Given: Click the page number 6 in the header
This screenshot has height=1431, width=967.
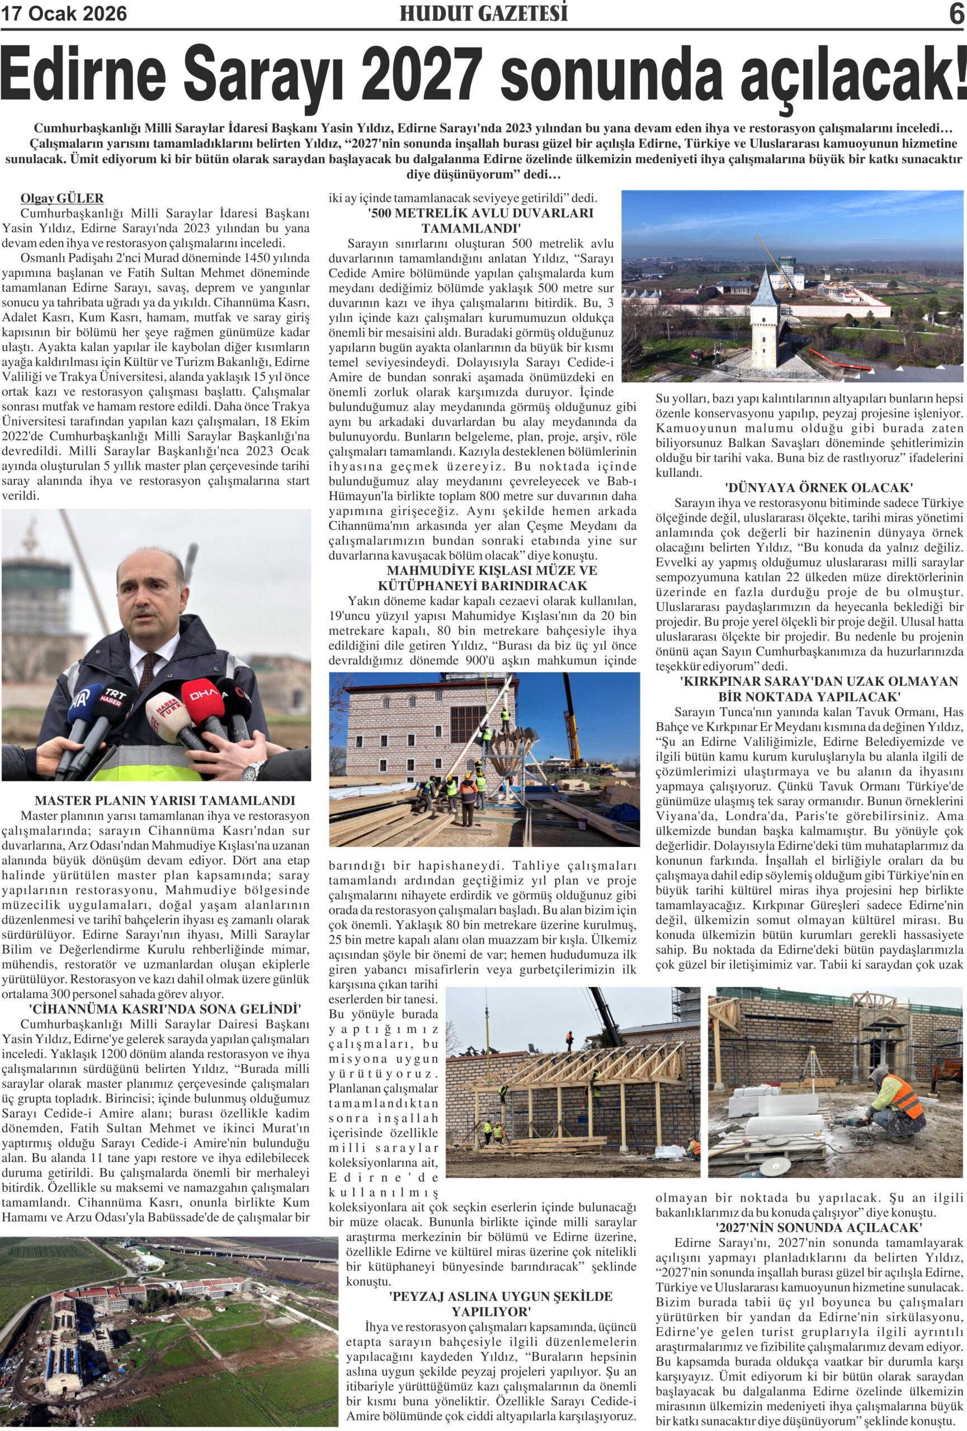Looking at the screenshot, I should point(956,13).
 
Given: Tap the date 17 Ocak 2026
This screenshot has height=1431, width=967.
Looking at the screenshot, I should point(65,13).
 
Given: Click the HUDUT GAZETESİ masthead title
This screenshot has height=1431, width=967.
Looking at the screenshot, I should point(483,13).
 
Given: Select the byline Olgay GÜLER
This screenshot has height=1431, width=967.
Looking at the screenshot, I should point(62,198).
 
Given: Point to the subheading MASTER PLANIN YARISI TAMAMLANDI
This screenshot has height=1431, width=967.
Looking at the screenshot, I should point(165,800).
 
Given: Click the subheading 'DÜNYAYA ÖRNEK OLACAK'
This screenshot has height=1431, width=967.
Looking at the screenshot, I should point(810,487).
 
